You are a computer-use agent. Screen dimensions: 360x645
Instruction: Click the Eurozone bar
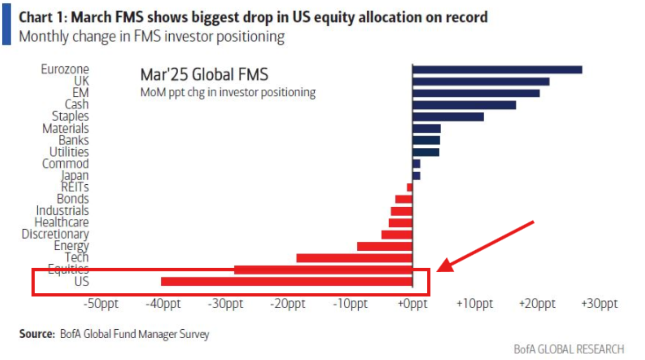click(x=497, y=70)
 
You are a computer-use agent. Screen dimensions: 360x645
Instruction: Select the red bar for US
click(x=287, y=281)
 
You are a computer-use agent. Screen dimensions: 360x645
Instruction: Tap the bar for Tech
click(x=354, y=258)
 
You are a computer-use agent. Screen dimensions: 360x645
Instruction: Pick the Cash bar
click(x=464, y=105)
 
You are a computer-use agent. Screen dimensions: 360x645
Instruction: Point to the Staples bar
click(x=448, y=117)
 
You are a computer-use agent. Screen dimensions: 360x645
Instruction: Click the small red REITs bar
click(x=409, y=187)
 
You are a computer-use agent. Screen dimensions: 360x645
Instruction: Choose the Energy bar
click(x=385, y=246)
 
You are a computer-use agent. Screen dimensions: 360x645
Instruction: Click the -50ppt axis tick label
click(x=101, y=303)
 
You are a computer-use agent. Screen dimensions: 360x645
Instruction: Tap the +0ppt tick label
click(x=412, y=303)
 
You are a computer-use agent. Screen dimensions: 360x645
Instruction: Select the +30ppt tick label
click(x=599, y=303)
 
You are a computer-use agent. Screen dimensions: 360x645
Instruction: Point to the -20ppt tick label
click(x=288, y=303)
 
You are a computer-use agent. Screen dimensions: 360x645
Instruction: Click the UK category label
click(x=81, y=81)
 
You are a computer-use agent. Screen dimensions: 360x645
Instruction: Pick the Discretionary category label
click(x=55, y=234)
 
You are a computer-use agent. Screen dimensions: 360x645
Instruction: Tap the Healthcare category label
click(x=62, y=222)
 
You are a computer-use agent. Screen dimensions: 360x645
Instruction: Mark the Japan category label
click(x=75, y=175)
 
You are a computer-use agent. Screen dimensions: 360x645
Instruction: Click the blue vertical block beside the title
click(x=6, y=24)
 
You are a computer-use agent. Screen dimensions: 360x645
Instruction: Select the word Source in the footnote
click(x=37, y=334)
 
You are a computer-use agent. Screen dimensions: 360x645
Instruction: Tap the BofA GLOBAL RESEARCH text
click(x=569, y=349)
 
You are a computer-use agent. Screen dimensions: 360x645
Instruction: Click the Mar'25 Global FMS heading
click(x=204, y=75)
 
